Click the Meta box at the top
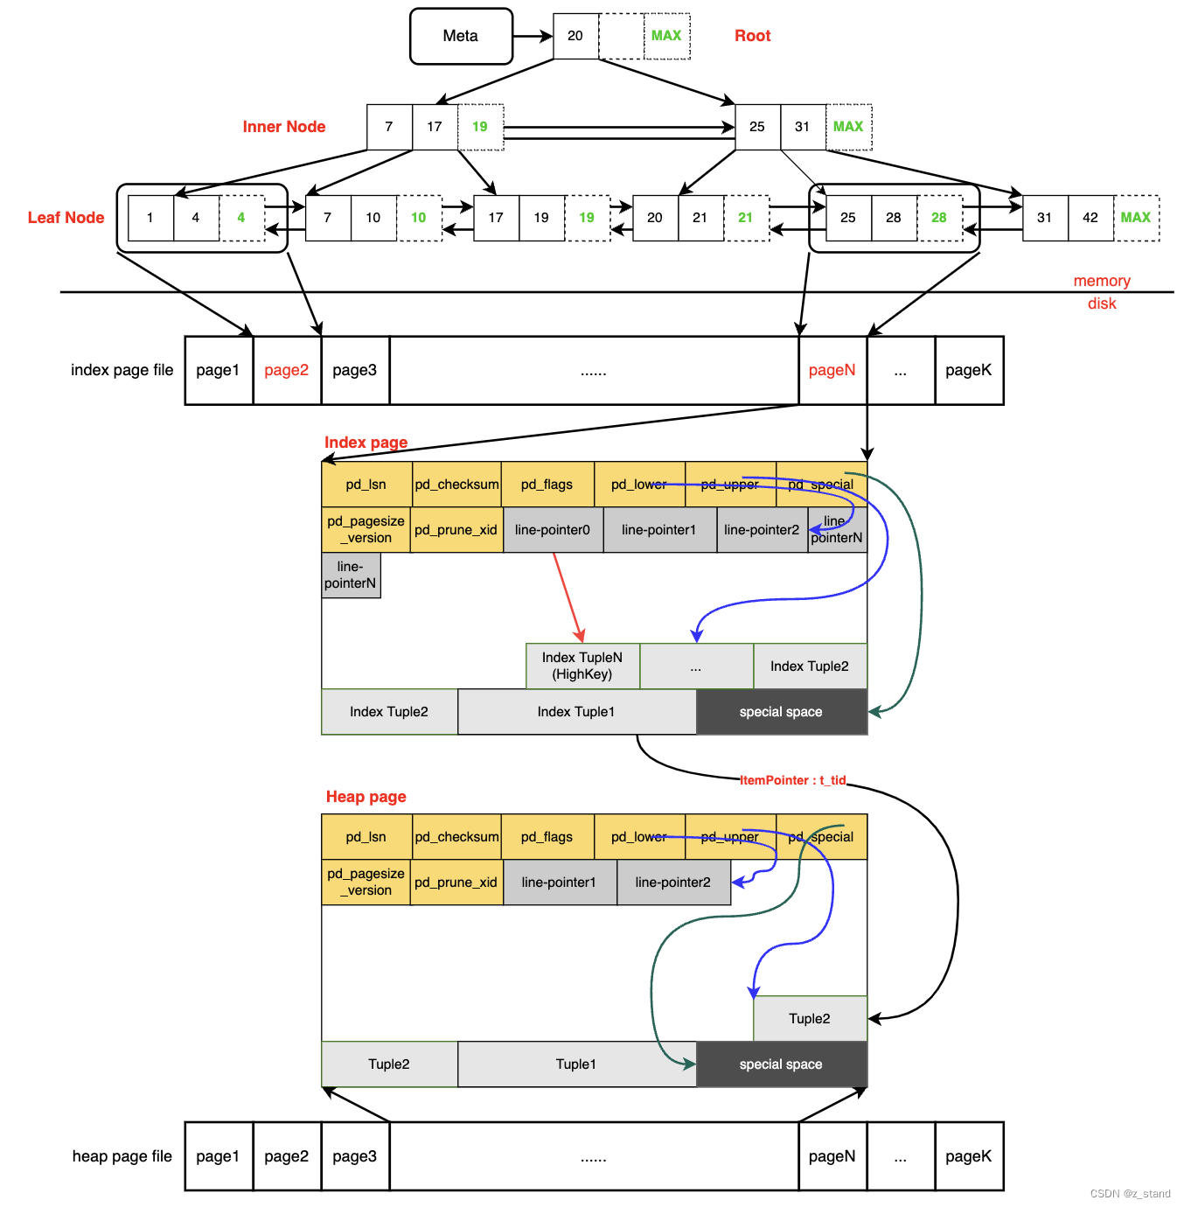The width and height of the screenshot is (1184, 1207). [461, 36]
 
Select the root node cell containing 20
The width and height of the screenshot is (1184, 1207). [575, 36]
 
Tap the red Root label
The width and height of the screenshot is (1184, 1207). [752, 36]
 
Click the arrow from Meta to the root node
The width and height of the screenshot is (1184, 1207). [533, 37]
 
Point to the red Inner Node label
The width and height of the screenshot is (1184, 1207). [283, 127]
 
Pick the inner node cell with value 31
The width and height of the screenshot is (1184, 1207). [802, 127]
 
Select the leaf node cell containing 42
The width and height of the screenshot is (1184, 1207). [1090, 218]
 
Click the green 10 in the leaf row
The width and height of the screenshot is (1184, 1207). [419, 218]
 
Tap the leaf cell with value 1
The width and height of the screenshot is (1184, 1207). [150, 218]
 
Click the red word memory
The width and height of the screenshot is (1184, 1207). [1102, 281]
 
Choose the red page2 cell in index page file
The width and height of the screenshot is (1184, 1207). [287, 370]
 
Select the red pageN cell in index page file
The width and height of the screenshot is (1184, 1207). [832, 370]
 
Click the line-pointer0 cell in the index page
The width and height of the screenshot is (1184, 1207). [553, 530]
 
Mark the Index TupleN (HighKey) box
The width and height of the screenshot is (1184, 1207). [582, 666]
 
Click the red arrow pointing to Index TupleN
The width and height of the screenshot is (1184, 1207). [568, 598]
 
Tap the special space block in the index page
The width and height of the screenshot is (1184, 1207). [781, 712]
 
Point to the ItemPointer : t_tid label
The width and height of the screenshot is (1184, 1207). [792, 780]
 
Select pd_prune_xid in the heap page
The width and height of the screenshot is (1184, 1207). [456, 883]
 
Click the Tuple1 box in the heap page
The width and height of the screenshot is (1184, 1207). [576, 1064]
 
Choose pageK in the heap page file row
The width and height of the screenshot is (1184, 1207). [968, 1156]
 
